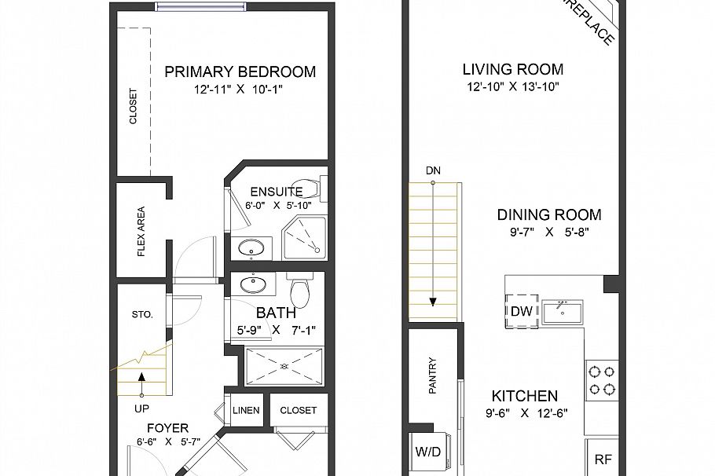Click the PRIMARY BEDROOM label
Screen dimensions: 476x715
point(240,72)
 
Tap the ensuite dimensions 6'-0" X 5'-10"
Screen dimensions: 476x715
point(278,205)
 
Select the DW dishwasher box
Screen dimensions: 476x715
point(522,311)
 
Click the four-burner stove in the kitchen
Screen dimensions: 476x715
point(601,379)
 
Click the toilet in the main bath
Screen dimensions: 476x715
point(299,293)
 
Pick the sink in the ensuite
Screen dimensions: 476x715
point(252,248)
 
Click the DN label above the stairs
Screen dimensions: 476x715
point(432,170)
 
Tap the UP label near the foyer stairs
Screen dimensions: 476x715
point(141,408)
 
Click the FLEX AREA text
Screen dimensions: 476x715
point(141,231)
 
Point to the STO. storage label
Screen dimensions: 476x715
point(141,314)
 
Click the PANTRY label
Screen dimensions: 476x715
point(432,376)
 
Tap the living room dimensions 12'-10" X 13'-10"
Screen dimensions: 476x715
point(512,87)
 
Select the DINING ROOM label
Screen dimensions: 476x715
point(549,214)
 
